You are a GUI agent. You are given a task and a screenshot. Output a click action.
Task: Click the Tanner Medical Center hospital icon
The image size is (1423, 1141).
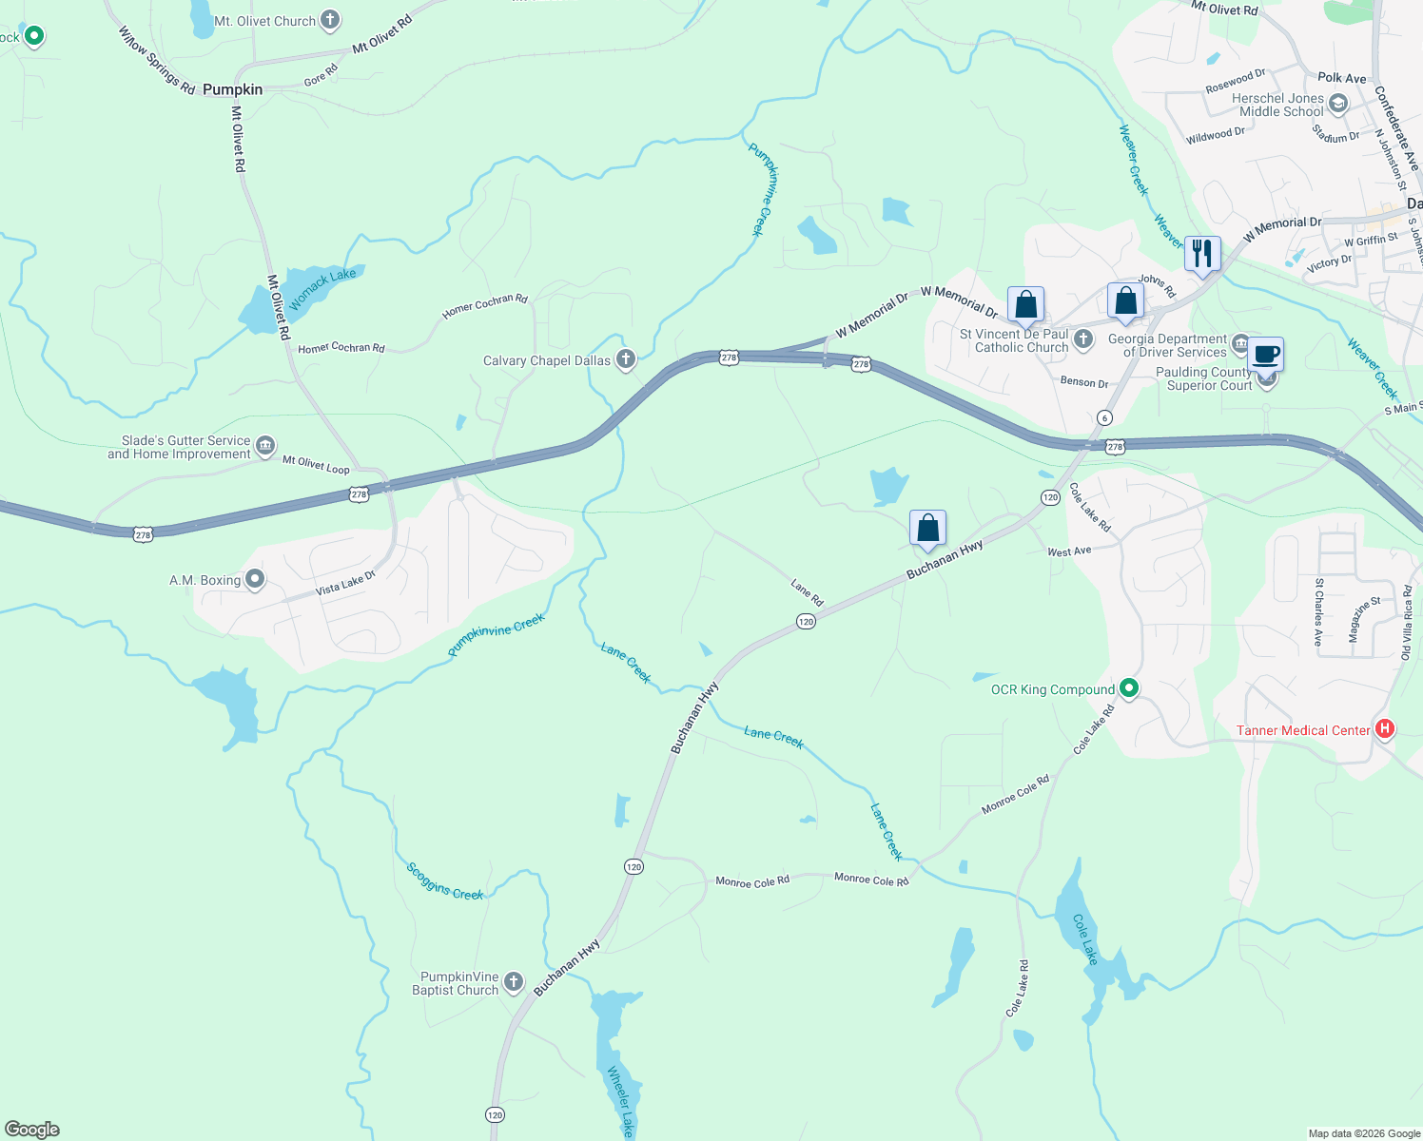click(1385, 729)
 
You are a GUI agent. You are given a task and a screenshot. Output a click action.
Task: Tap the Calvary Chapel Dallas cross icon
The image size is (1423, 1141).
click(625, 359)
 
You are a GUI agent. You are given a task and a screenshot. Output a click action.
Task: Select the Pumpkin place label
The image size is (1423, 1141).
click(232, 89)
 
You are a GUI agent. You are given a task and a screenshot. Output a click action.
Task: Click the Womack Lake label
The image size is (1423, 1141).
click(322, 288)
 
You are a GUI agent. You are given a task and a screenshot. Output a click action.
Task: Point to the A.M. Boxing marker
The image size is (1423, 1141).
click(254, 579)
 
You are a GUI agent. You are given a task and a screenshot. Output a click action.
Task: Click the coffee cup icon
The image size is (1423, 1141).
click(1265, 355)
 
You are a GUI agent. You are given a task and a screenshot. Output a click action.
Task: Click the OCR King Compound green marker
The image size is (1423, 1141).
click(1129, 687)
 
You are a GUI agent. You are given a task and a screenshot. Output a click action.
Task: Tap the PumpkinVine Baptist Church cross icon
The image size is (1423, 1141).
click(514, 982)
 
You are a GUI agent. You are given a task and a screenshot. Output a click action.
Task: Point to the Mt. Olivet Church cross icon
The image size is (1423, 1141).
click(330, 19)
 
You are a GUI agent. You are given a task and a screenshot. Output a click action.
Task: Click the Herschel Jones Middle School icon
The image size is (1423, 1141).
click(1338, 104)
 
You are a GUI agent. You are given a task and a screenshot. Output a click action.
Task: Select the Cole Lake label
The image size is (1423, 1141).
click(1085, 939)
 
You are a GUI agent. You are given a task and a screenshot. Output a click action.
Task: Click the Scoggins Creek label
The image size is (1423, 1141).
click(445, 881)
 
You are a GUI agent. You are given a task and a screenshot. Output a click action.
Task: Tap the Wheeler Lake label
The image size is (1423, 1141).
click(619, 1101)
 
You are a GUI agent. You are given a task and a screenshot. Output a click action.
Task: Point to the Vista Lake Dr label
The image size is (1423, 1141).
click(345, 583)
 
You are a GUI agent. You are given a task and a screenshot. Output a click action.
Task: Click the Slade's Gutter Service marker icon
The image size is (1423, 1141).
click(265, 445)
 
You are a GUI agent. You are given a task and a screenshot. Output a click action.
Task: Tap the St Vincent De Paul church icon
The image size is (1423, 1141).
click(1082, 339)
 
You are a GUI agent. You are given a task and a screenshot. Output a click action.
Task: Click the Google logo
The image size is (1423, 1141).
click(32, 1130)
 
